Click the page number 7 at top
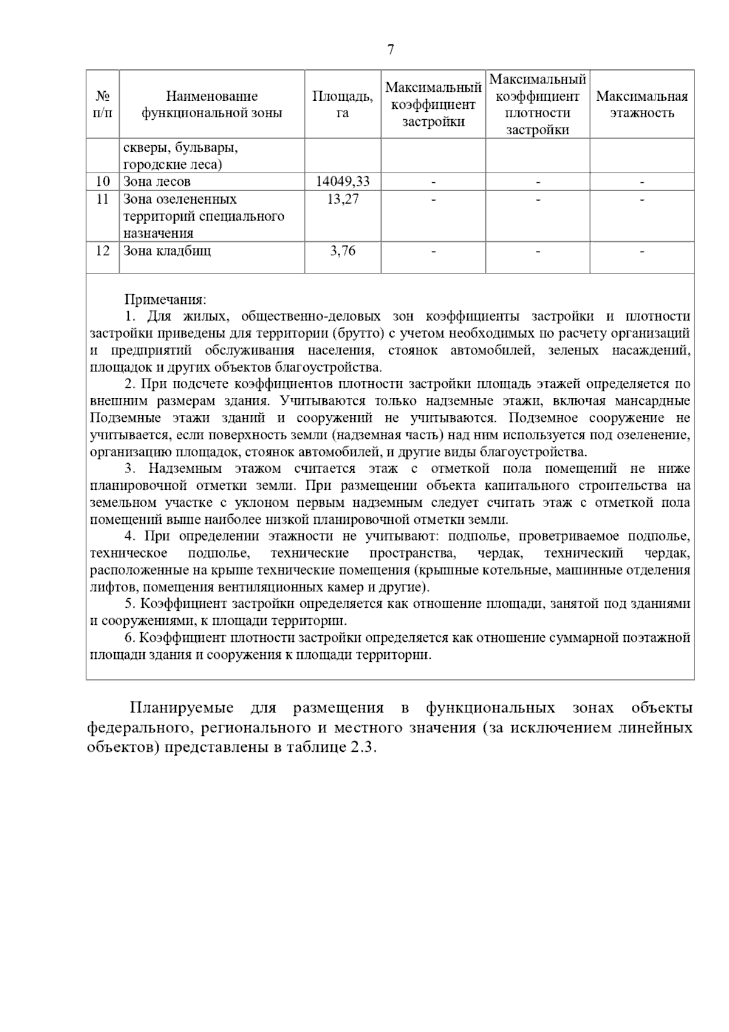click(x=390, y=50)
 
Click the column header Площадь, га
click(x=342, y=105)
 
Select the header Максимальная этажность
click(x=642, y=105)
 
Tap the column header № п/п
click(x=103, y=105)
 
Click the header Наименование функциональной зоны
click(x=212, y=105)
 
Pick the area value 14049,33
click(x=343, y=182)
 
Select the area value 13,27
click(x=343, y=199)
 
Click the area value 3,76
click(x=343, y=251)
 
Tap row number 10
click(x=103, y=182)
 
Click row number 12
click(x=103, y=251)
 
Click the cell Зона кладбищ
click(x=167, y=251)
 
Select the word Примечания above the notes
click(x=165, y=300)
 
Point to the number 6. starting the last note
click(x=129, y=638)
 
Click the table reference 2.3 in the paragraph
click(x=362, y=748)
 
